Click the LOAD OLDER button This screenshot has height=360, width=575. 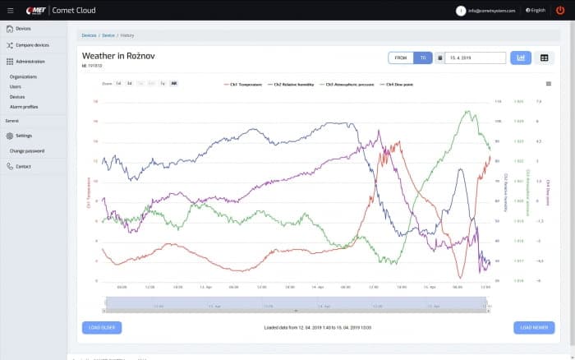pos(102,327)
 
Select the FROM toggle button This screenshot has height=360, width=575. pos(401,58)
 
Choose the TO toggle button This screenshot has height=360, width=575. pos(423,58)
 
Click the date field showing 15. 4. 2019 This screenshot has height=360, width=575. pos(476,58)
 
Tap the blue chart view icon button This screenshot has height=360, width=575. pos(521,58)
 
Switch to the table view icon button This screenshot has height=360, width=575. pos(544,58)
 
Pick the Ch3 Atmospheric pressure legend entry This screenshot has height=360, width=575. pos(350,84)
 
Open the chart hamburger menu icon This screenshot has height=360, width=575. pos(548,84)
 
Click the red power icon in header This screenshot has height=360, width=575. pos(560,10)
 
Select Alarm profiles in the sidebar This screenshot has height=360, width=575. pos(24,106)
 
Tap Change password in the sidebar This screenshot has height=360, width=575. pos(27,151)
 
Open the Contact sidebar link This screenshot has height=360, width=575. pos(23,166)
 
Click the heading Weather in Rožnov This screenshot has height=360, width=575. pos(118,55)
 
